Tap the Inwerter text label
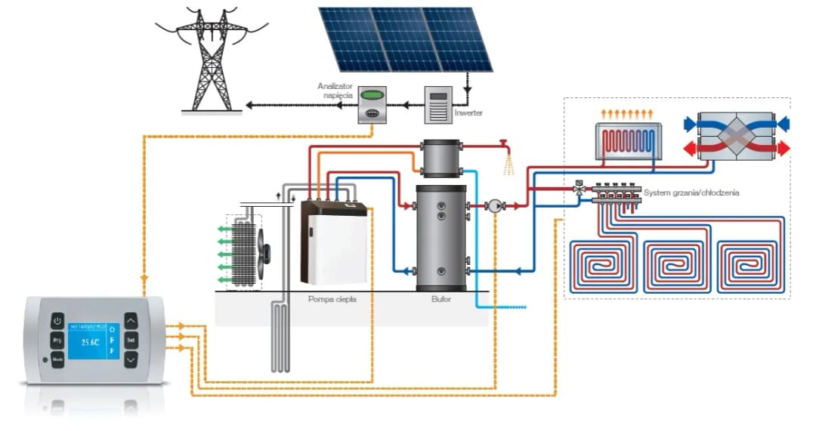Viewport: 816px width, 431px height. point(468,113)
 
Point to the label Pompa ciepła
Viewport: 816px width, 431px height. point(332,299)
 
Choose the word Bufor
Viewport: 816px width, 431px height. point(441,299)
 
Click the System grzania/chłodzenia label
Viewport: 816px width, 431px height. point(691,193)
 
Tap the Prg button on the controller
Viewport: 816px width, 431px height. point(57,341)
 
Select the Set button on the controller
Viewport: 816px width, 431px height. point(130,341)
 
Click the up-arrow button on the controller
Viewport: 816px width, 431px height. point(130,322)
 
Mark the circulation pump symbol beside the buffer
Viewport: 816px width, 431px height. point(494,205)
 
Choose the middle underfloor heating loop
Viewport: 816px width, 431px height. point(672,266)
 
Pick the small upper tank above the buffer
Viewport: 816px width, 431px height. point(441,159)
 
